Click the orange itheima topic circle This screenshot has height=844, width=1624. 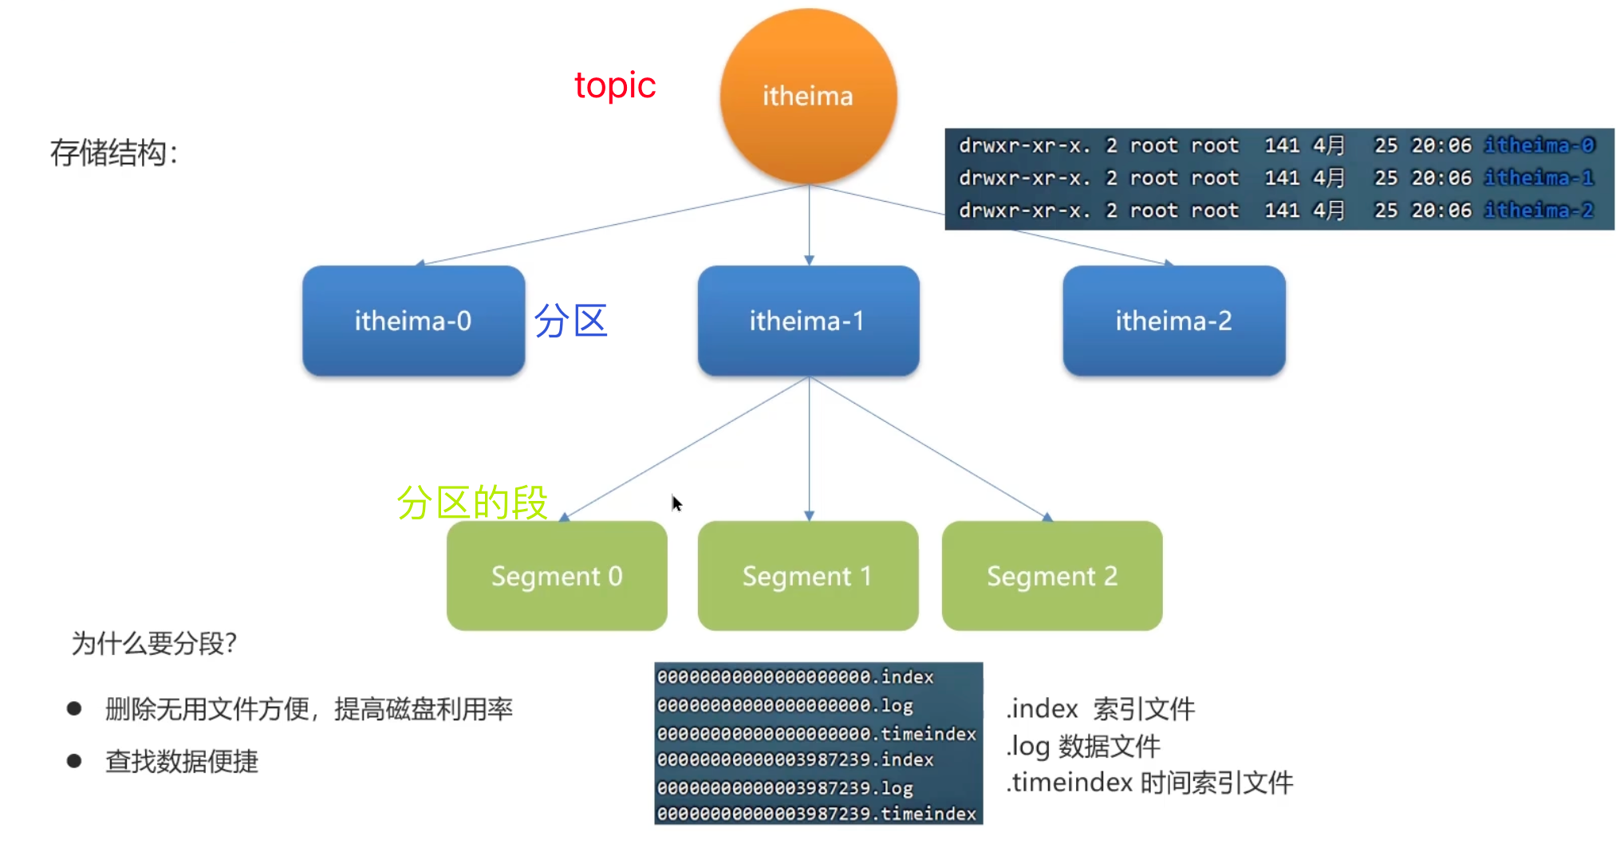[808, 96]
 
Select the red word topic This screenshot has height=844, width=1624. [614, 85]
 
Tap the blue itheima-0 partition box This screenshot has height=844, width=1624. [413, 321]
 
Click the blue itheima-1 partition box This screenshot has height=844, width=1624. [808, 321]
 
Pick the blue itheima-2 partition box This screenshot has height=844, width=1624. [1173, 321]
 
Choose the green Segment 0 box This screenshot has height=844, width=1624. [557, 576]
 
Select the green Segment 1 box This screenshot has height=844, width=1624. [807, 576]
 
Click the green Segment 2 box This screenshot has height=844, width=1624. [1051, 576]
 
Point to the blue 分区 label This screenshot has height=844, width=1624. [570, 321]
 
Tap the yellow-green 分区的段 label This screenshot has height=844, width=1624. [472, 503]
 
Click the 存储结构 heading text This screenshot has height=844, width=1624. [114, 152]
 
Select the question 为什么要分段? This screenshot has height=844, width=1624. [154, 643]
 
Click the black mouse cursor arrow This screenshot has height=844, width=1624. [676, 503]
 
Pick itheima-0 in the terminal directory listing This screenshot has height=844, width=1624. [1539, 145]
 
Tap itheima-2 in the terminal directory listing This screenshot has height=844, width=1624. [1539, 211]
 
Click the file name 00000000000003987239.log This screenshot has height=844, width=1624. [785, 788]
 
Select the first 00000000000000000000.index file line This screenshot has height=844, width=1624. [794, 677]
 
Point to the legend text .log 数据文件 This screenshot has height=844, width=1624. [1082, 747]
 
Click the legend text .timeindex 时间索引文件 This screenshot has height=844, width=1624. [1149, 783]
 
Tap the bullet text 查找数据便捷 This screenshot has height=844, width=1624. [182, 761]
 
